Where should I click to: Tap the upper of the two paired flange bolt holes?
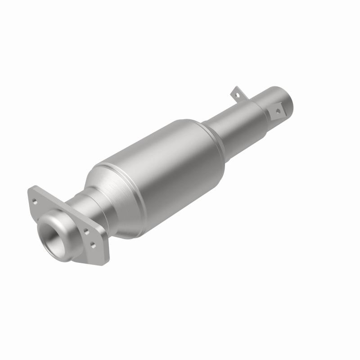click(85, 231)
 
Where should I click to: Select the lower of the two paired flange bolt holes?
click(93, 245)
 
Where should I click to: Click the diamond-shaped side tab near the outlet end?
click(277, 110)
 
